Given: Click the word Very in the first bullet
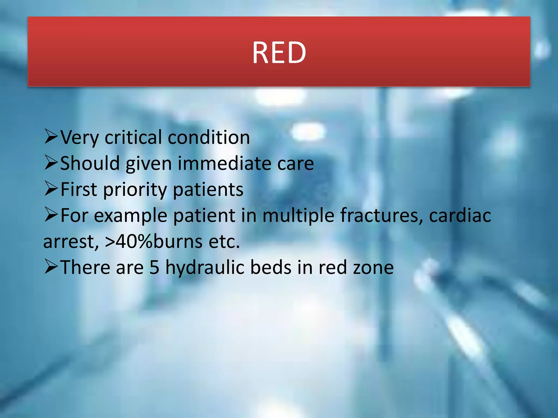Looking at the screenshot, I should pos(79,137).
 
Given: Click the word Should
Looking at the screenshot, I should pos(90,163).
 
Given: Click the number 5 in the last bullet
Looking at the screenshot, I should pos(154,267).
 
